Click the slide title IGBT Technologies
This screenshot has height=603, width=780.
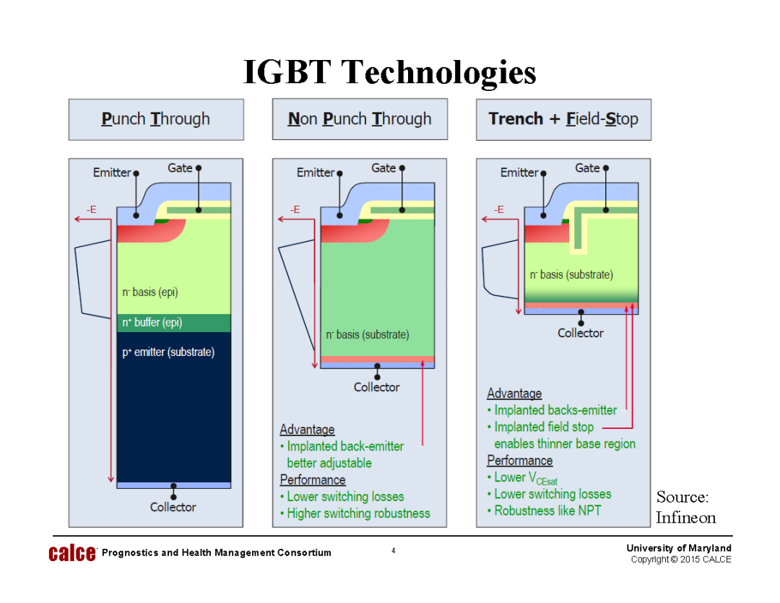tap(389, 72)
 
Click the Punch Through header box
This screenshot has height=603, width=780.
tap(156, 119)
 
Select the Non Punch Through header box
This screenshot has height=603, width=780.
tap(360, 119)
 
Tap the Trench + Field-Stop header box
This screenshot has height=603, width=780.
tap(563, 119)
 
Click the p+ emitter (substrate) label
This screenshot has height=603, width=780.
tap(168, 352)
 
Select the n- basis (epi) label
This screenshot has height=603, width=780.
tap(150, 292)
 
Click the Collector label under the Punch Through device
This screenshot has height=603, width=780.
tap(173, 507)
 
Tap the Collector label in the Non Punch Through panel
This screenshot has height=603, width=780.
tap(376, 387)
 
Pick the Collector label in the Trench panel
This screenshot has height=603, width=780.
tap(580, 333)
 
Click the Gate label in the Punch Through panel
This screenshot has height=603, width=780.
tap(180, 168)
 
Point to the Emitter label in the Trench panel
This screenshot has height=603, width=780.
tap(519, 173)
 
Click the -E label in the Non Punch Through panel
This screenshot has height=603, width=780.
tap(295, 209)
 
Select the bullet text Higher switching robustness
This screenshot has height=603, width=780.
tap(358, 513)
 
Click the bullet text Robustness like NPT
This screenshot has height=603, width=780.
tap(547, 511)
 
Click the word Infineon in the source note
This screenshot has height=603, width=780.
tap(685, 517)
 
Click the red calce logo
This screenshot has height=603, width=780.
tap(71, 553)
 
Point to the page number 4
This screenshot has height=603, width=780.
tap(393, 551)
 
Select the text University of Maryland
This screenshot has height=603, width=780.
tap(678, 548)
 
